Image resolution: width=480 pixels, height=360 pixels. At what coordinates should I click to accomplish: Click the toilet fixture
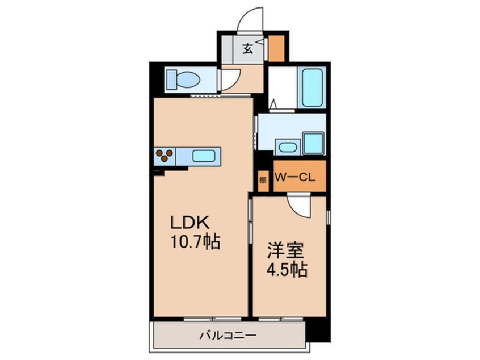pyautogui.click(x=183, y=79)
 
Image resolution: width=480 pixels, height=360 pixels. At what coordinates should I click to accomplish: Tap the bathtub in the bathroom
pyautogui.click(x=312, y=87)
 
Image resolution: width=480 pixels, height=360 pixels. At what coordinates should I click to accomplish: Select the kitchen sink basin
pyautogui.click(x=204, y=156)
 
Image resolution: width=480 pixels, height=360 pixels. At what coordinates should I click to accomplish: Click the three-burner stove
pyautogui.click(x=165, y=155)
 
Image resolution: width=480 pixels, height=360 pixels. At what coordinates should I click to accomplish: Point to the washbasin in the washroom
pyautogui.click(x=288, y=147)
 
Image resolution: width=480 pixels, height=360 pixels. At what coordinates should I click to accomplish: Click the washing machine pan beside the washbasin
pyautogui.click(x=313, y=143)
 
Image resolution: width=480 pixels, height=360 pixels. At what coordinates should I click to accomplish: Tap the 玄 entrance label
pyautogui.click(x=248, y=49)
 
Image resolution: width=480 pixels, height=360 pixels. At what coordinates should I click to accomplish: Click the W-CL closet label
pyautogui.click(x=295, y=177)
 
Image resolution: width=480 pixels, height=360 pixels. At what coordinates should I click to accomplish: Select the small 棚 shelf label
pyautogui.click(x=263, y=180)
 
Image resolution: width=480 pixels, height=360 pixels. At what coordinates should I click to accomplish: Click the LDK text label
pyautogui.click(x=190, y=223)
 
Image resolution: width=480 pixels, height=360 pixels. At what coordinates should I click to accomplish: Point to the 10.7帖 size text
pyautogui.click(x=196, y=242)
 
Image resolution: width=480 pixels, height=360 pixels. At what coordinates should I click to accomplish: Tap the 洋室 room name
pyautogui.click(x=285, y=250)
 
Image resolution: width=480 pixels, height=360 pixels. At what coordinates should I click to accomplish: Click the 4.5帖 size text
pyautogui.click(x=288, y=270)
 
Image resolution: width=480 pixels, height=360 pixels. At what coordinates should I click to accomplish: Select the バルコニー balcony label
pyautogui.click(x=228, y=336)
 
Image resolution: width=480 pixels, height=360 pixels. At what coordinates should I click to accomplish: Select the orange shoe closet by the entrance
pyautogui.click(x=277, y=48)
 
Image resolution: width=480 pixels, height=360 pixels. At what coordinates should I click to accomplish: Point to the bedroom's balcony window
pyautogui.click(x=281, y=319)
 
